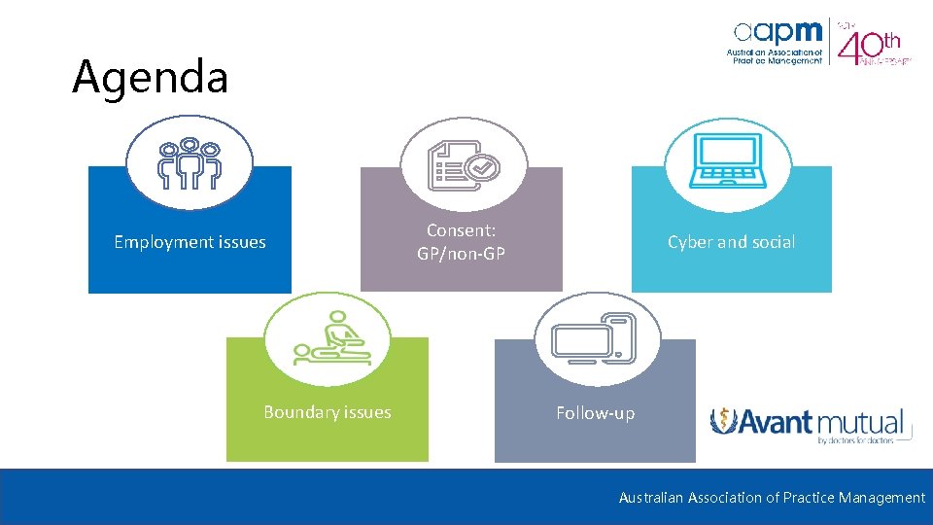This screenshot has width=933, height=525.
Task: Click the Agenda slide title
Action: coord(151,78)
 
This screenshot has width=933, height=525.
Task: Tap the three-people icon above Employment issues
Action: coord(190,163)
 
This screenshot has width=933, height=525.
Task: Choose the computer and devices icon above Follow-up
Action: coord(595,339)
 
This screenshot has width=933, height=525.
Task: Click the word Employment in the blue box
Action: coord(161,243)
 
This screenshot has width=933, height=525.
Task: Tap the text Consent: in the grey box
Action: coord(462,231)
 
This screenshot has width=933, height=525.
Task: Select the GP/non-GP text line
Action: coord(462,255)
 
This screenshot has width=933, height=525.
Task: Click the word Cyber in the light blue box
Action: coord(689,242)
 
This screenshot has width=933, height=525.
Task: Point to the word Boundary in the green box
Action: coord(300,413)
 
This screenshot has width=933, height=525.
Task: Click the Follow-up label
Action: coord(595,413)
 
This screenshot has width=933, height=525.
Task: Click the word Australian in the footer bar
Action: coord(651,498)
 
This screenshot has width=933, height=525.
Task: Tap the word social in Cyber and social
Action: coord(773,242)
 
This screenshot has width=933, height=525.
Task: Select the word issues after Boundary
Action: coord(369,413)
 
